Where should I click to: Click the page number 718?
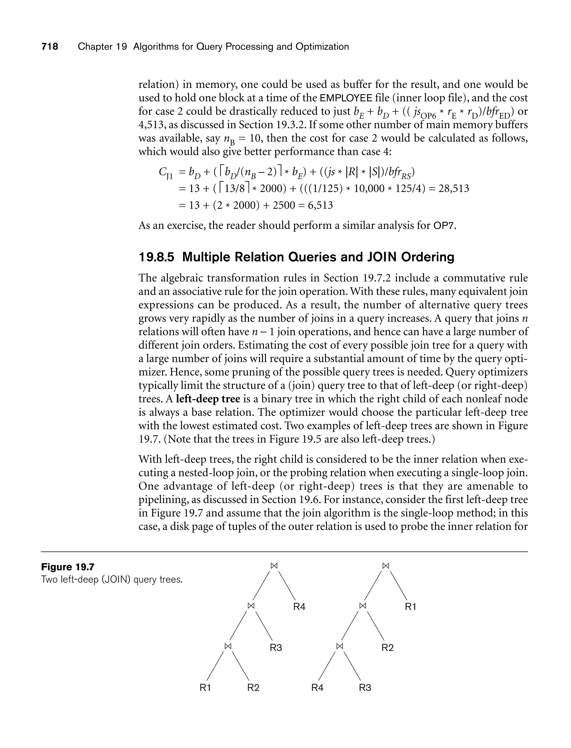[x=50, y=47]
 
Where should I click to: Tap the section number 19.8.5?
[x=156, y=257]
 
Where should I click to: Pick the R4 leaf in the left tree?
[x=299, y=607]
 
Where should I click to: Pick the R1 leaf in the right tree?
[x=411, y=607]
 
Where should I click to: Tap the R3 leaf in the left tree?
[x=276, y=648]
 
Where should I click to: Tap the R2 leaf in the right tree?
[x=388, y=648]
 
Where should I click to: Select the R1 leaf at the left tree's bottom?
[x=205, y=688]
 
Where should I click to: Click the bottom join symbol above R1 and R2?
[x=228, y=647]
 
